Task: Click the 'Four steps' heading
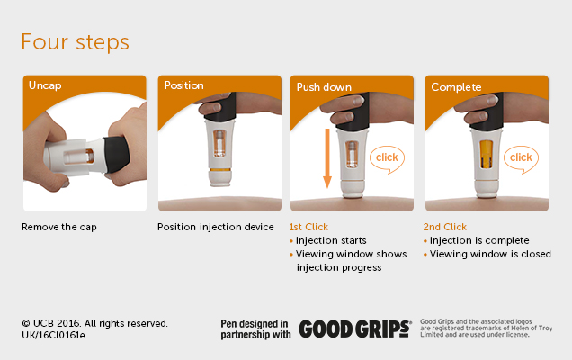[75, 42]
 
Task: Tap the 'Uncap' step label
[45, 86]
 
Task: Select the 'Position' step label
[183, 86]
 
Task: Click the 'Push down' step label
[324, 87]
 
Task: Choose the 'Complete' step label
[456, 87]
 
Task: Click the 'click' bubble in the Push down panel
[386, 158]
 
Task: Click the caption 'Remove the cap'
[59, 227]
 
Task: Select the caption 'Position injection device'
[216, 227]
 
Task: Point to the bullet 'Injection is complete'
[479, 241]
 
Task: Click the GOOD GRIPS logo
[354, 328]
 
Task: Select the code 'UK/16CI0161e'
[53, 335]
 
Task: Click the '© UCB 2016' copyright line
[94, 322]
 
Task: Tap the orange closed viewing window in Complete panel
[487, 153]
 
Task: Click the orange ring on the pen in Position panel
[219, 169]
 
